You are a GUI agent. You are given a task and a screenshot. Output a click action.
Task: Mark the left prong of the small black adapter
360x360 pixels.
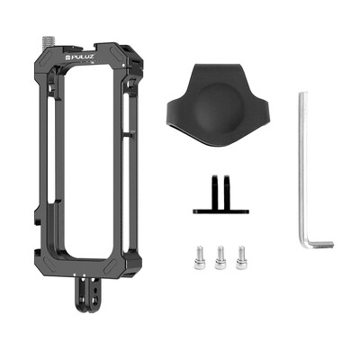point(204,190)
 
